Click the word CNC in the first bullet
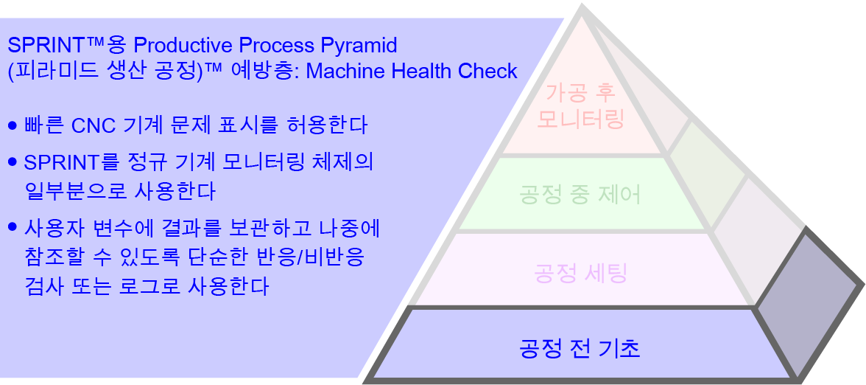click(93, 125)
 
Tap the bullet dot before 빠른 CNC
click(12, 125)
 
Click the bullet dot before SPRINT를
click(12, 162)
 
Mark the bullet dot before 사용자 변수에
click(12, 227)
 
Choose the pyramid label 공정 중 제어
click(580, 195)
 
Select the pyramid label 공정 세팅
click(580, 274)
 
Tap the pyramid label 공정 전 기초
click(580, 347)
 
